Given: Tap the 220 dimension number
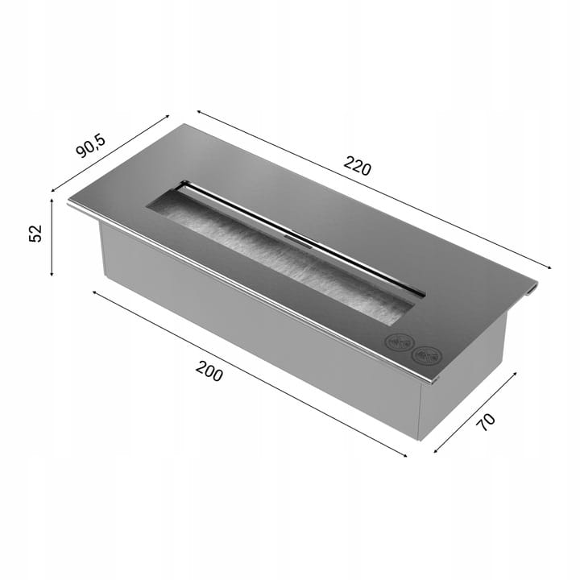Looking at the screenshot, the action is [358, 166].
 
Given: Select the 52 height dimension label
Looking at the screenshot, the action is [35, 234].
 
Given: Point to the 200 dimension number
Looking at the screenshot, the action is [209, 371].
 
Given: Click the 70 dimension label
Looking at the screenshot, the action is [487, 422].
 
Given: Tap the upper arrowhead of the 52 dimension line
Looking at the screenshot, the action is [52, 200].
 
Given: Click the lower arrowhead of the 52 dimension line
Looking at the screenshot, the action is [52, 274].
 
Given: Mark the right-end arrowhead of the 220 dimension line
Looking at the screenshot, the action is [549, 267].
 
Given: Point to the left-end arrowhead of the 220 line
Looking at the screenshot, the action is [199, 111].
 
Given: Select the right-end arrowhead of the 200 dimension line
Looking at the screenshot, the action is [405, 455].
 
